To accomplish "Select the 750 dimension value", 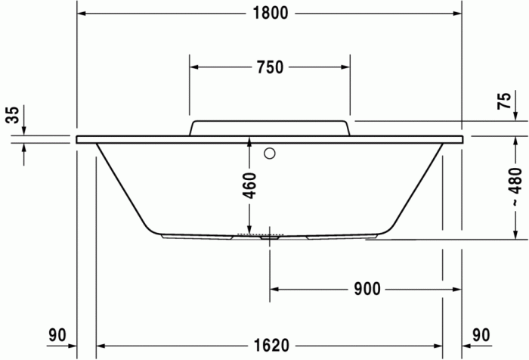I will [270, 67].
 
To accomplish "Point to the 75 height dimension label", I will [504, 102].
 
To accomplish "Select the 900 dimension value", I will [366, 289].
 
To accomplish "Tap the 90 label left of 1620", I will [57, 334].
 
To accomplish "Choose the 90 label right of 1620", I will [481, 334].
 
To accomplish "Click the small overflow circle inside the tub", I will [269, 154].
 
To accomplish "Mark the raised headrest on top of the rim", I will [270, 127].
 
